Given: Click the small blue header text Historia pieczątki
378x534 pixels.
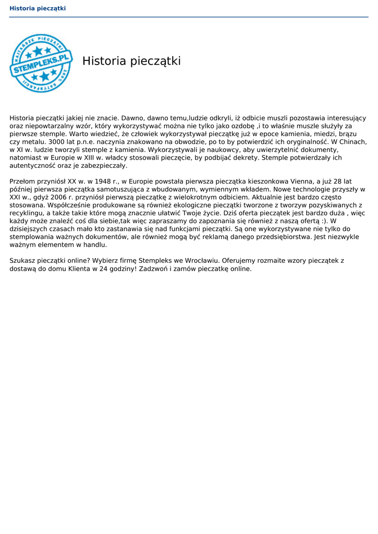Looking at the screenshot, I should tap(38, 8).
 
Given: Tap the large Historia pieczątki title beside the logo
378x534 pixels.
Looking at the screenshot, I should tap(131, 61).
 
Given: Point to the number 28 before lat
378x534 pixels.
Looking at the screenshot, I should tap(338, 181).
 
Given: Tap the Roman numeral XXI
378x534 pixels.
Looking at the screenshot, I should tap(16, 198).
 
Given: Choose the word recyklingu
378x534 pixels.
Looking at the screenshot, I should tap(26, 213).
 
